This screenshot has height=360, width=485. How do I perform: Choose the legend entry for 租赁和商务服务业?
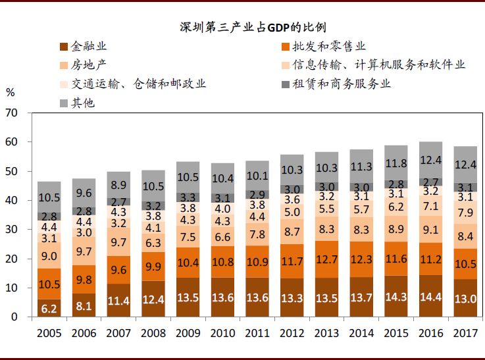point(341,84)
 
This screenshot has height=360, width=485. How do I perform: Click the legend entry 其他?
point(82,103)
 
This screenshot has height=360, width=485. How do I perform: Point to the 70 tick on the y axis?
point(11,113)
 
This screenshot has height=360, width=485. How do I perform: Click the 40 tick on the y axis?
point(11,201)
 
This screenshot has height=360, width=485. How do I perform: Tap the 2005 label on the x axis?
point(49,333)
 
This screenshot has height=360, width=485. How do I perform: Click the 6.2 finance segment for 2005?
point(49,308)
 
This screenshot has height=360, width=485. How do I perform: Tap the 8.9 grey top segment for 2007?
point(118,186)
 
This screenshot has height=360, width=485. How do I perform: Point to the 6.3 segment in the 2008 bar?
point(153,243)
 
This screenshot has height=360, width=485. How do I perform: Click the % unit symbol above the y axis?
point(10,93)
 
